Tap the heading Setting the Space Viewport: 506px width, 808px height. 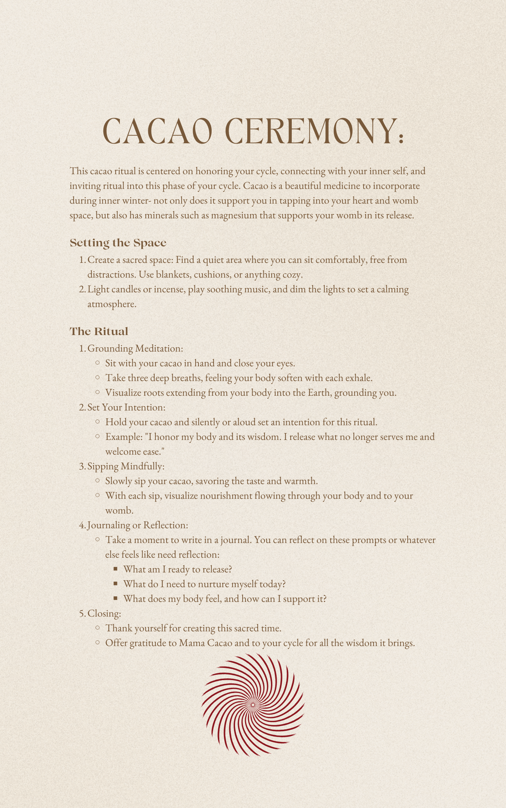coord(118,243)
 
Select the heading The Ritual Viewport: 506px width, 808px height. coord(99,331)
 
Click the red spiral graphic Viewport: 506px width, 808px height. coord(253,705)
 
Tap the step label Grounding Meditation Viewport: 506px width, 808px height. coord(135,348)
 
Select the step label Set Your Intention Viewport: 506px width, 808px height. coord(126,407)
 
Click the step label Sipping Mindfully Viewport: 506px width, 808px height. coord(126,466)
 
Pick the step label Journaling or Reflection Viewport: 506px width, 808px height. coord(137,525)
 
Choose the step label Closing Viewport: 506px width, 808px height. coord(104,613)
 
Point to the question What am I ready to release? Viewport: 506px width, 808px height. coord(178,569)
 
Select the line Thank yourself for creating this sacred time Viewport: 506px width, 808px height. coord(193,628)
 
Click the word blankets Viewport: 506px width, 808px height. coord(173,274)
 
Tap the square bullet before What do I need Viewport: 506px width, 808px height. coord(115,584)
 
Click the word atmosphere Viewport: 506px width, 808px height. coord(112,304)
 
